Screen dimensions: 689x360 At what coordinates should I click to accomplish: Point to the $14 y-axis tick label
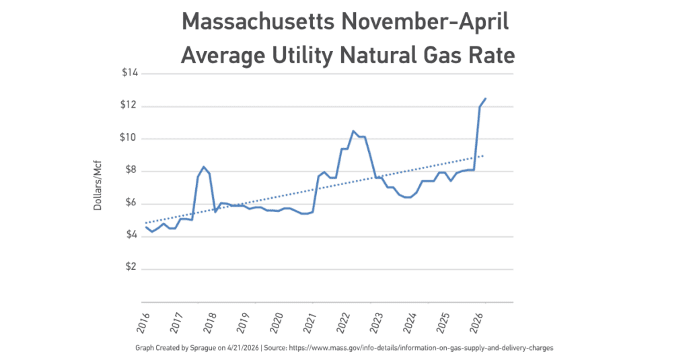click(130, 73)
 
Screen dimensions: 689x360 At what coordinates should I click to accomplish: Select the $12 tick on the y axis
click(129, 106)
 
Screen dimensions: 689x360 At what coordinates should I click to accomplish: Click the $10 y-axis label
click(129, 137)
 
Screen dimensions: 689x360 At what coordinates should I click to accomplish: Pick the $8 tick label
click(131, 170)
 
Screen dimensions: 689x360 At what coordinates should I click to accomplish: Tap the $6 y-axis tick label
click(131, 203)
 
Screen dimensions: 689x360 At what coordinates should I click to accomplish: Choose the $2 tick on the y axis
click(131, 267)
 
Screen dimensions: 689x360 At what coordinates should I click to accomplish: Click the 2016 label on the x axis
click(143, 322)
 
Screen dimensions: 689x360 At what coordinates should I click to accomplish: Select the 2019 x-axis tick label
click(243, 322)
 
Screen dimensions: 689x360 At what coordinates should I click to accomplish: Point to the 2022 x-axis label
click(342, 322)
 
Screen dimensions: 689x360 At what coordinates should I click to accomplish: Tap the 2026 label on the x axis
click(476, 322)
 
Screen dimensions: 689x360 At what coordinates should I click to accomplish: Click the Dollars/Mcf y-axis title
click(98, 186)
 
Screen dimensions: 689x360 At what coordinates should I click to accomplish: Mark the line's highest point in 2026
click(485, 98)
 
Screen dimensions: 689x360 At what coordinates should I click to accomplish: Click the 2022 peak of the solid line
click(353, 131)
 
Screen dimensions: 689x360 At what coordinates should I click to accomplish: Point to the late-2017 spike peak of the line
click(203, 167)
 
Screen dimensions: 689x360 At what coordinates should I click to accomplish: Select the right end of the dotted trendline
click(483, 155)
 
